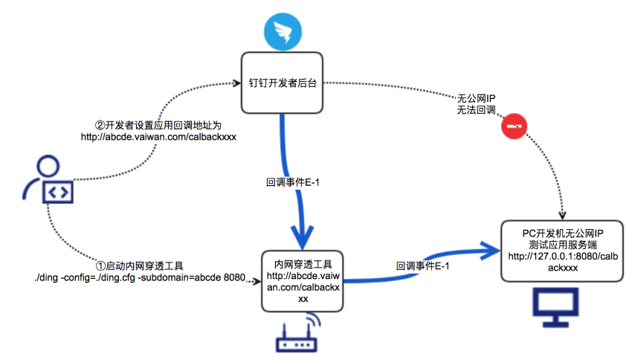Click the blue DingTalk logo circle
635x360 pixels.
(x=283, y=31)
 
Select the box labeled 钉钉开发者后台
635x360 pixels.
(x=282, y=83)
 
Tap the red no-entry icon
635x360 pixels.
(x=514, y=126)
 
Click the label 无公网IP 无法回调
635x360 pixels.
(x=476, y=104)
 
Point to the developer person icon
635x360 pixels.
(x=48, y=179)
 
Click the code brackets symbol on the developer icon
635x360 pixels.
(x=58, y=193)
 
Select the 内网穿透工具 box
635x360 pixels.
(x=303, y=281)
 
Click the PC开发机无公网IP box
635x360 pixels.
(x=562, y=251)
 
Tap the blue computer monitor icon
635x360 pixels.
(x=555, y=307)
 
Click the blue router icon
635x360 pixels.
(x=298, y=333)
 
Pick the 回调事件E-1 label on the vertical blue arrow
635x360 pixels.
(x=292, y=182)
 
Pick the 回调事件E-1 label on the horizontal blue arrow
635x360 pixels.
(x=422, y=266)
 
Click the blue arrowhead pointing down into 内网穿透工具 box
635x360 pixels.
(x=302, y=237)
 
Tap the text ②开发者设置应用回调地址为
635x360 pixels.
(x=158, y=125)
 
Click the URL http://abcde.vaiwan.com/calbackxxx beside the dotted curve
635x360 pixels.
(x=158, y=137)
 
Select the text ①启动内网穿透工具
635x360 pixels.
(x=139, y=266)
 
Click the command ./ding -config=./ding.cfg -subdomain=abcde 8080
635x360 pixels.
(x=140, y=277)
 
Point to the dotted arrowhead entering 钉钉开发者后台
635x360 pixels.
(x=236, y=83)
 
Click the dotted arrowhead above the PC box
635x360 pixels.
(x=562, y=215)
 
